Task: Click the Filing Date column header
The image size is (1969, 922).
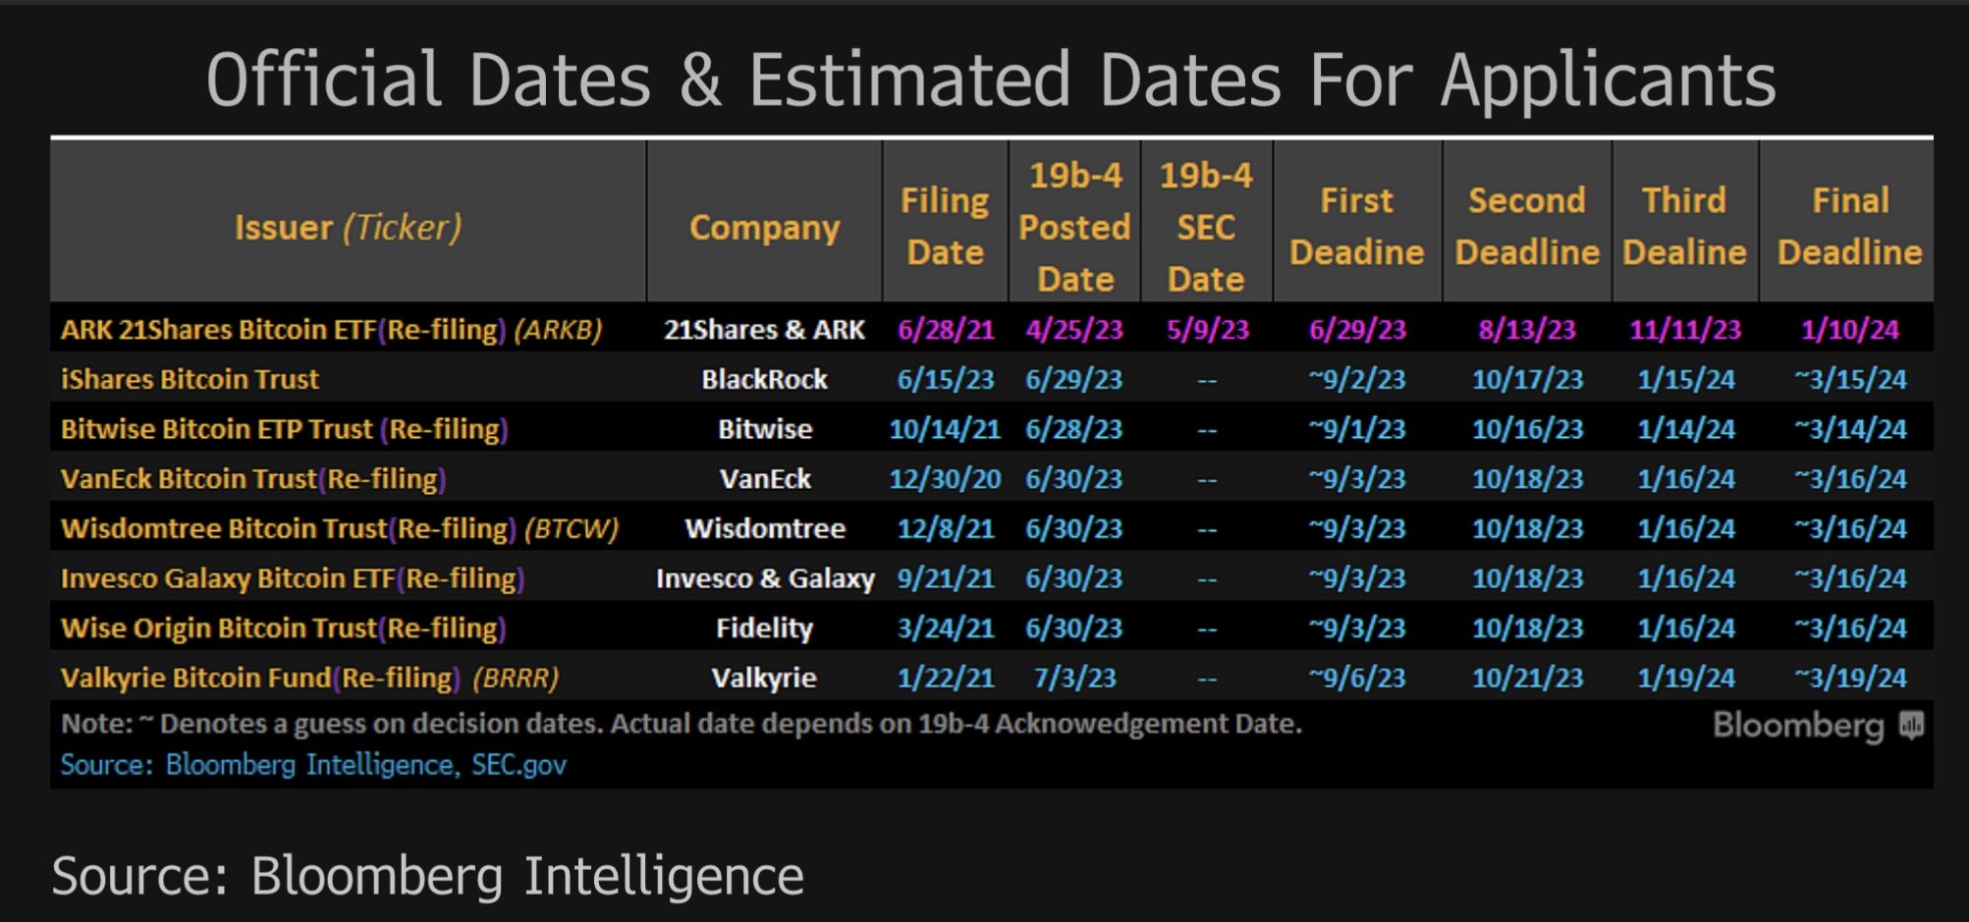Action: [x=945, y=227]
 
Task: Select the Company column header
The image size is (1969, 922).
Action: [x=764, y=228]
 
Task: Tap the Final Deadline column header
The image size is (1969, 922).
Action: [x=1849, y=227]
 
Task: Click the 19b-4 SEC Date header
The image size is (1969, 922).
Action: [x=1206, y=227]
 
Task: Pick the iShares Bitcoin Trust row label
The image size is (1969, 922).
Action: [x=190, y=379]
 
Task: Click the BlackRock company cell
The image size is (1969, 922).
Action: [x=764, y=379]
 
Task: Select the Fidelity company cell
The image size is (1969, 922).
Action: [x=764, y=627]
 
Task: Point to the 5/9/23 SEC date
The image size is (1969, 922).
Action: [x=1207, y=329]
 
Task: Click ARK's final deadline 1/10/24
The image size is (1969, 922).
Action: [x=1849, y=329]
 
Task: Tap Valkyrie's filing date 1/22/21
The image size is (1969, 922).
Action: [x=945, y=678]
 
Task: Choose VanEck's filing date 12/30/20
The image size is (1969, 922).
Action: [x=945, y=478]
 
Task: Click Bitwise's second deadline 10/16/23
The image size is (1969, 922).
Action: [x=1527, y=429]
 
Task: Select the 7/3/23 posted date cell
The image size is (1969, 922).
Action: [x=1074, y=678]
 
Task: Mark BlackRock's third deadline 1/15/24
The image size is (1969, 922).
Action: [x=1685, y=379]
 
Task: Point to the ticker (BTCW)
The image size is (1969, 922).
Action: [x=572, y=528]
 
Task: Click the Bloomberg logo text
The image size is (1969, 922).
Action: [x=1797, y=726]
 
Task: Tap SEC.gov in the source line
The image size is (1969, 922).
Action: [x=519, y=764]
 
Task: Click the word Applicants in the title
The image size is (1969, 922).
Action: [x=1608, y=80]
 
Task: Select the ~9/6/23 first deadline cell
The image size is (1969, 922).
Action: [x=1356, y=678]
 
